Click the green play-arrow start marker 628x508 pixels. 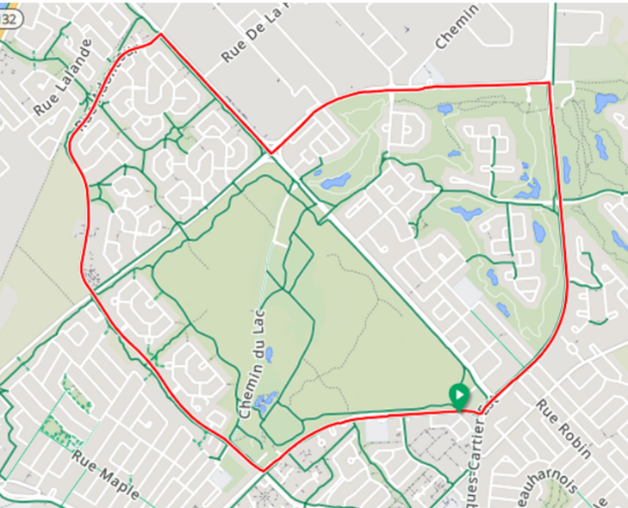[459, 397]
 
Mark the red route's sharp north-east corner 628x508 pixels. [549, 84]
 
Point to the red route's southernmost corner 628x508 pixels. [261, 470]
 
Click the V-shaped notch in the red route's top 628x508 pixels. [270, 153]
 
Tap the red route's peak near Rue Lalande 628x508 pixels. [159, 36]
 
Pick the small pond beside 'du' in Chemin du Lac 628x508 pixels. [270, 353]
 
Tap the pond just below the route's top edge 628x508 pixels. [445, 109]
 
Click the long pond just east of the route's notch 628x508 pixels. [333, 181]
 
